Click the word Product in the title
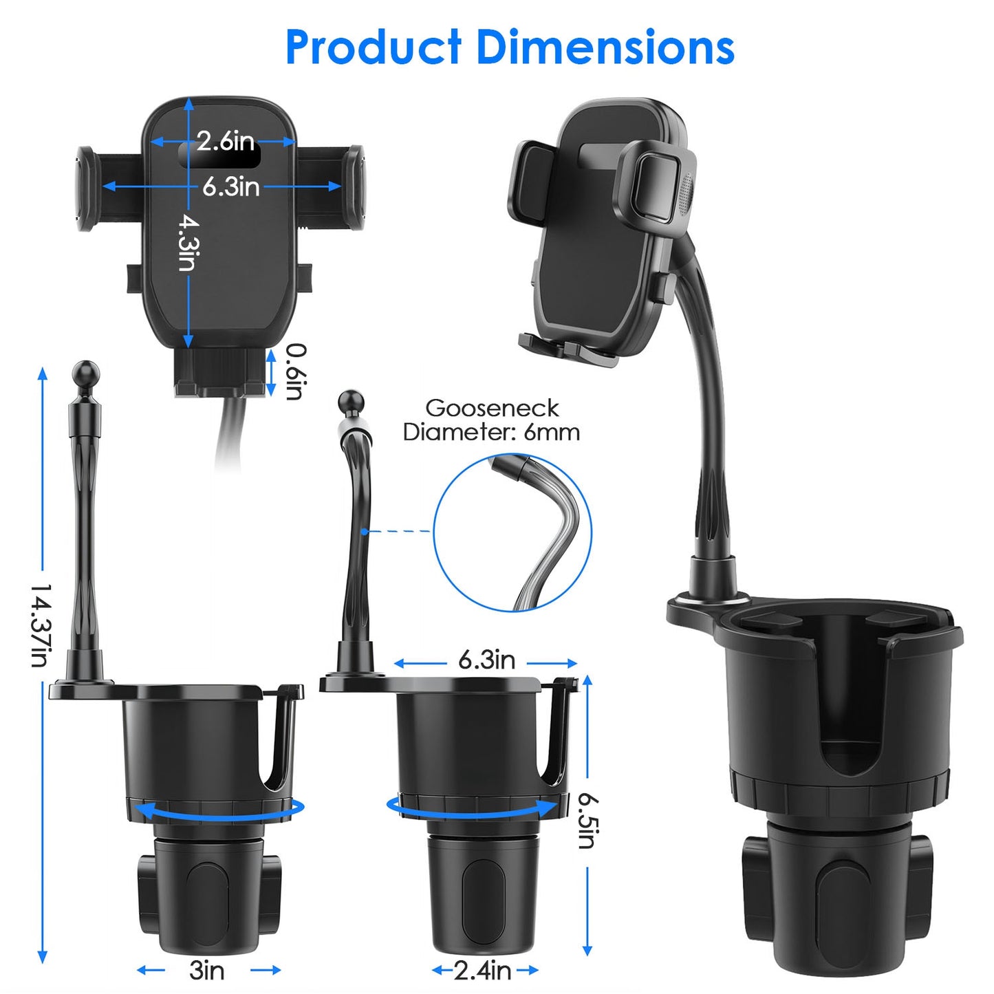pos(373,47)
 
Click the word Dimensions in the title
pos(605,47)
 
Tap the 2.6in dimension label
pos(225,141)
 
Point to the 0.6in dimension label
pos(295,371)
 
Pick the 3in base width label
pos(207,971)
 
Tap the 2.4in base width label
pos(483,971)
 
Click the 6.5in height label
pos(587,820)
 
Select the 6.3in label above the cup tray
pos(486,660)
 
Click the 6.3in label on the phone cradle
pos(230,186)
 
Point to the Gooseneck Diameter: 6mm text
pos(491,420)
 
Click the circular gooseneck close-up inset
pos(512,532)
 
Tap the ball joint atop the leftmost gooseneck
pos(86,374)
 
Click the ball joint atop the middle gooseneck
pos(351,402)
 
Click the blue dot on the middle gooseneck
pos(364,532)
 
